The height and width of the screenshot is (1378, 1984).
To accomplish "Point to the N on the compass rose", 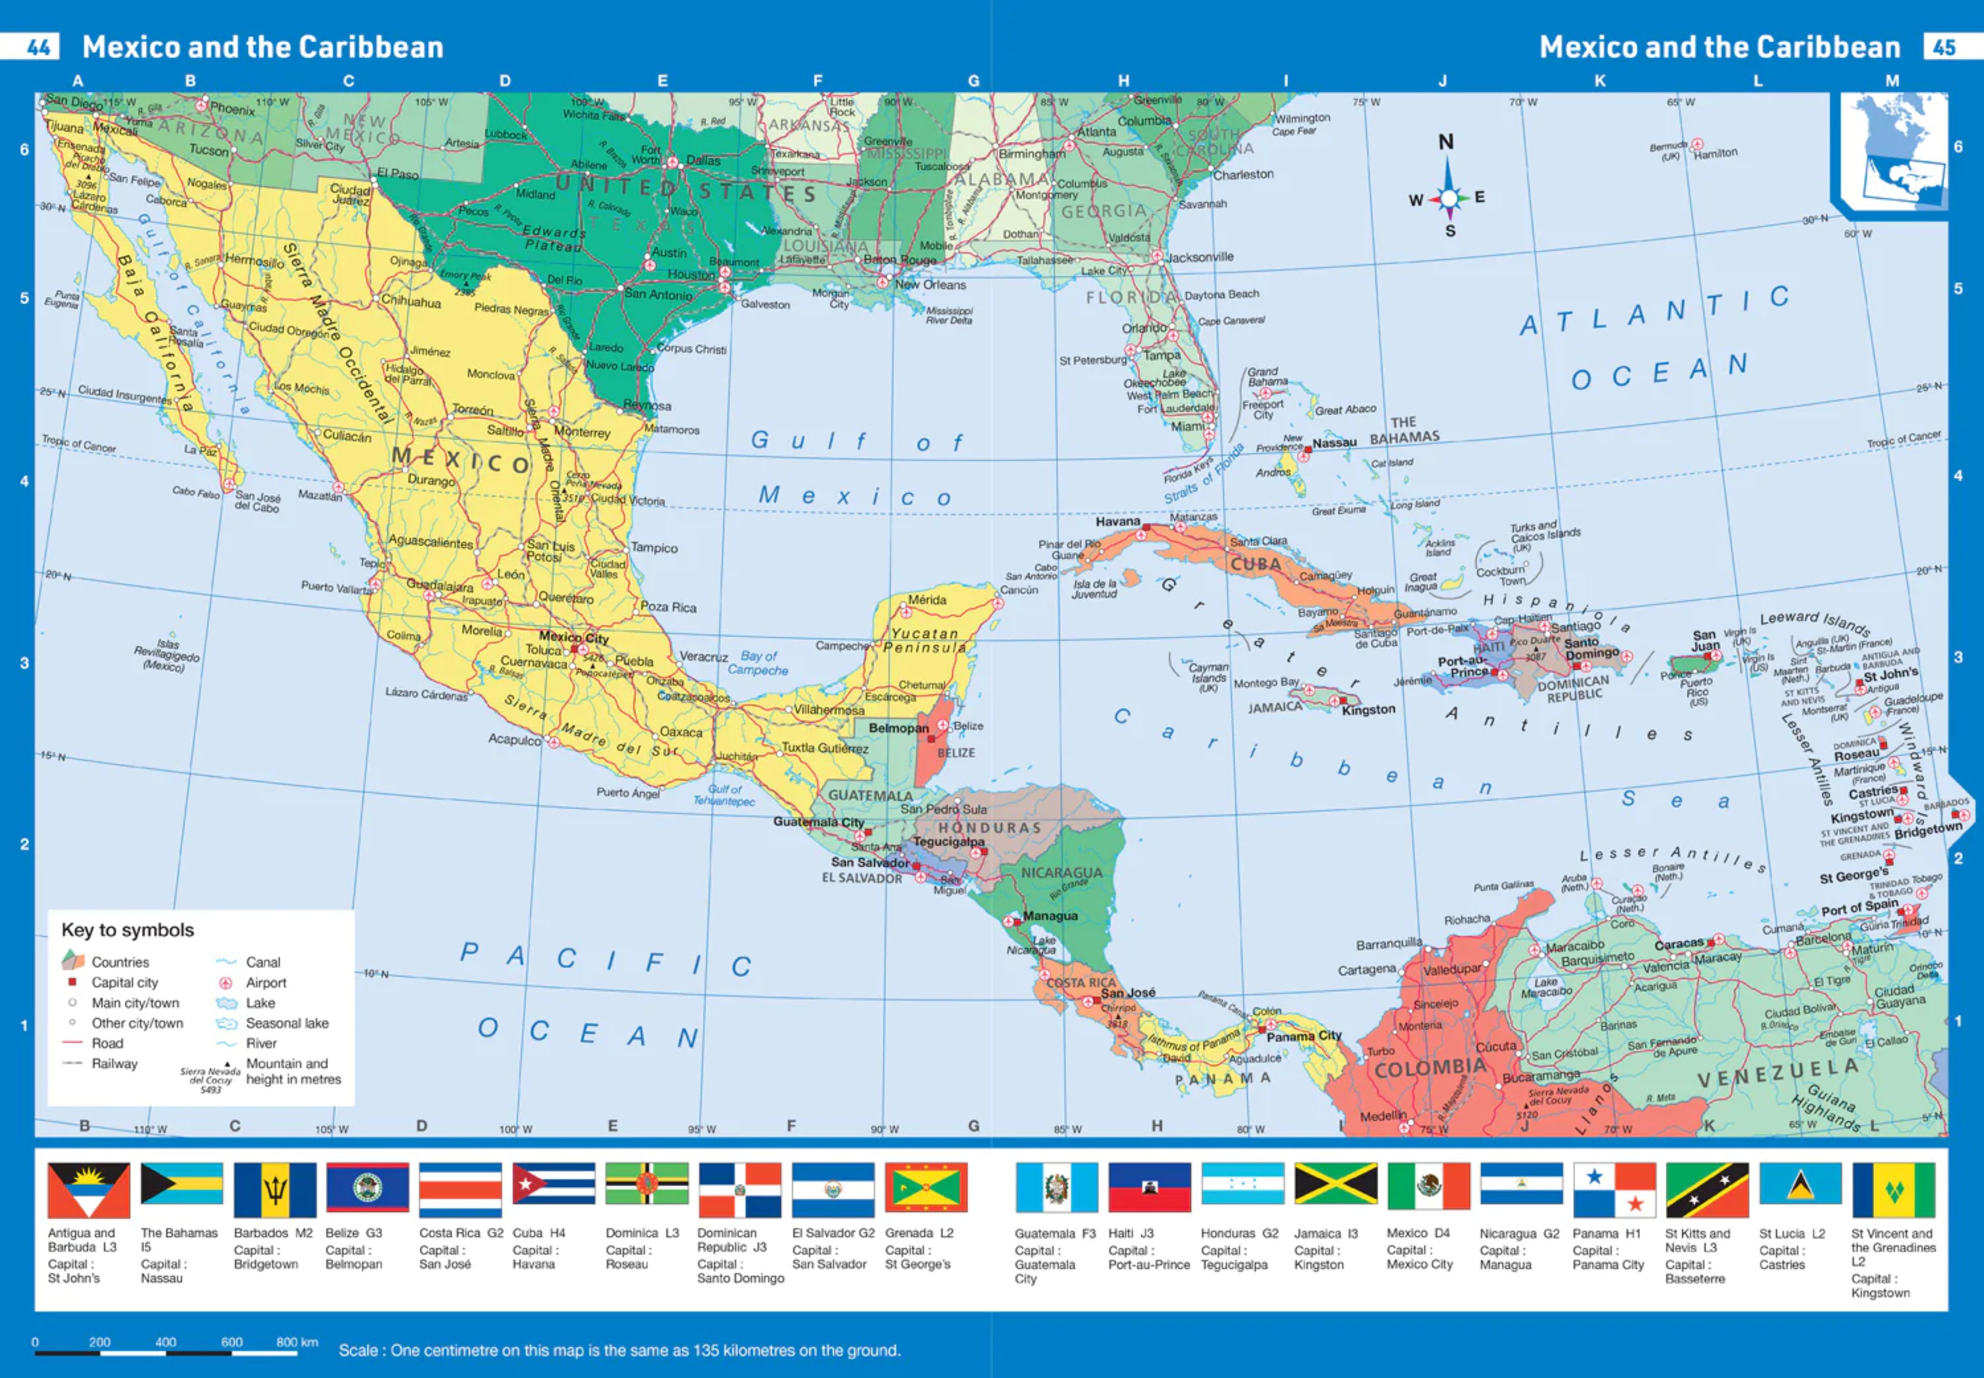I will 1445,141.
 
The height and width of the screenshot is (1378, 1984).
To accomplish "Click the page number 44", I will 38,47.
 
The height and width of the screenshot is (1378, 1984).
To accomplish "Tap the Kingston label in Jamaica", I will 1368,710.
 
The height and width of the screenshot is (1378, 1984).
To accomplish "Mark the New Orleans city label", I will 930,285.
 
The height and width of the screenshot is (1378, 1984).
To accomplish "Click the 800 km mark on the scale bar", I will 296,1343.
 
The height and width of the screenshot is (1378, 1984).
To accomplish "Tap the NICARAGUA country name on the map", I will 1061,873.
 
